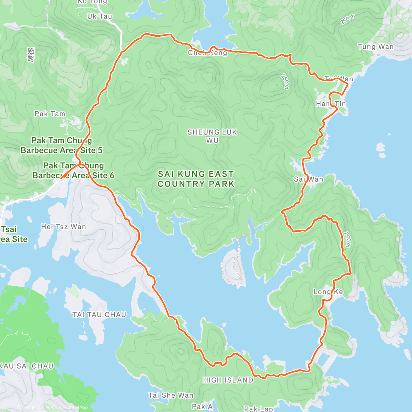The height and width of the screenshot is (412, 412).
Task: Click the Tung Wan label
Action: [x=376, y=47]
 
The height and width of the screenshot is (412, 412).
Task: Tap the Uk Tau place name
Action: [x=100, y=16]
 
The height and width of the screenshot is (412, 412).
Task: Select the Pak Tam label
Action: [x=50, y=114]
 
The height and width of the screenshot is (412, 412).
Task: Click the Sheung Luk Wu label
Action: [x=212, y=136]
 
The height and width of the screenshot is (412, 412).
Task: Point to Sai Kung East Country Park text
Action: [x=196, y=179]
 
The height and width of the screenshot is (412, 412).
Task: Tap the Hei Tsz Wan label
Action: [x=64, y=227]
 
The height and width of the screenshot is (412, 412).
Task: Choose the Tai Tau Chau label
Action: [x=99, y=314]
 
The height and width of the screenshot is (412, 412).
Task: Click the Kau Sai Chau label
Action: [x=26, y=366]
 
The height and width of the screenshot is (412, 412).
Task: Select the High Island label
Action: [x=228, y=380]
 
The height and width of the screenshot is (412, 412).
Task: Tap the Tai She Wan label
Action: [x=171, y=396]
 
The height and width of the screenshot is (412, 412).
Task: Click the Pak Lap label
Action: [x=258, y=409]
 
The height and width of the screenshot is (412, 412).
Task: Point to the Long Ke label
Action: [x=328, y=292]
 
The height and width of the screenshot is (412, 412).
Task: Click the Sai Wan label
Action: [x=308, y=179]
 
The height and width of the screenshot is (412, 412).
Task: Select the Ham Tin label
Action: [x=331, y=104]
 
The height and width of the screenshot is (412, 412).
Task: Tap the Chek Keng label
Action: [x=207, y=53]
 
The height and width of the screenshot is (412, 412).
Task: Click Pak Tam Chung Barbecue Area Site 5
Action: [x=61, y=145]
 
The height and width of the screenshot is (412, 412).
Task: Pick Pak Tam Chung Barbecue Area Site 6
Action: [x=73, y=170]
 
